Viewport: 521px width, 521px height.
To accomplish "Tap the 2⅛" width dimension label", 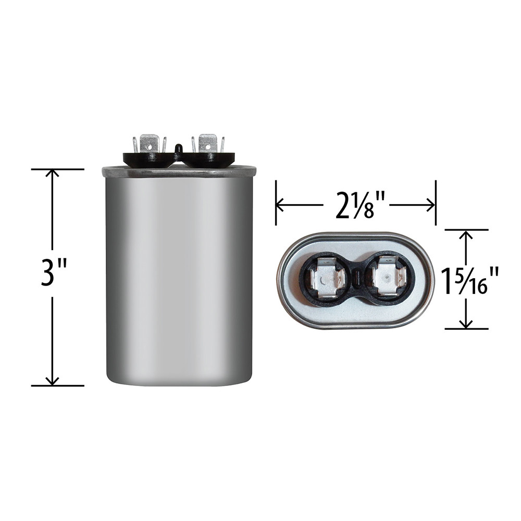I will point(356,205).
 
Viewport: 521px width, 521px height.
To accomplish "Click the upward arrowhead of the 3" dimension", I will point(52,175).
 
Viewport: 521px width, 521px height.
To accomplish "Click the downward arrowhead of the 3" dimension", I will point(52,380).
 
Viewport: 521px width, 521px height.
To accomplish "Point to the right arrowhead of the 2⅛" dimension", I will point(430,205).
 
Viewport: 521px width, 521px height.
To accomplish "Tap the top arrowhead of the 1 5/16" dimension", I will point(466,235).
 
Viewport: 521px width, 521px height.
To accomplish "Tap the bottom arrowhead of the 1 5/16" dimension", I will point(466,324).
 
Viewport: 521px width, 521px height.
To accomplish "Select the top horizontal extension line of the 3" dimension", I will point(57,169).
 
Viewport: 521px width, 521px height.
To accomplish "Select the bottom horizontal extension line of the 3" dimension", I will point(57,386).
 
